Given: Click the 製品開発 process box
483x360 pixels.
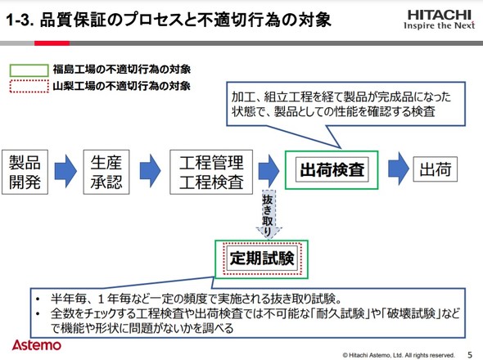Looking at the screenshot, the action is click(25, 172).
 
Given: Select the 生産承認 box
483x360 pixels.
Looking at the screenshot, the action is click(106, 172).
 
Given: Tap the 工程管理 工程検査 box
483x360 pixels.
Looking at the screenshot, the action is click(211, 172).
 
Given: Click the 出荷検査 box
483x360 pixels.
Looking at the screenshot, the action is click(332, 169).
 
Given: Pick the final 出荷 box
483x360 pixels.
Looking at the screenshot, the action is click(436, 169).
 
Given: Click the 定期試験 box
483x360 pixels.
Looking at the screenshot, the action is click(262, 259).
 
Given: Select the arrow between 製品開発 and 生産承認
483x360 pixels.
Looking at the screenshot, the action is click(65, 171).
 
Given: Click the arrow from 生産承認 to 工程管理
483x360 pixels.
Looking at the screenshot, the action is click(150, 171).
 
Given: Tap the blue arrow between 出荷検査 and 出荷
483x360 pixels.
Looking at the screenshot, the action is click(399, 169).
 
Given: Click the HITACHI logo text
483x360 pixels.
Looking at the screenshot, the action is click(440, 15).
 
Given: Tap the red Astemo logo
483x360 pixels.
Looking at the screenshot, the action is click(37, 345).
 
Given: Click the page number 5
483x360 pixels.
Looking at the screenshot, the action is click(470, 354).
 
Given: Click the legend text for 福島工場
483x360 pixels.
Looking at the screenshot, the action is click(122, 70).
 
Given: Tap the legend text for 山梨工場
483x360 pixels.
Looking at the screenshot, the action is click(122, 86).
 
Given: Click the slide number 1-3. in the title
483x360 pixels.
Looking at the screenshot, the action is click(20, 20).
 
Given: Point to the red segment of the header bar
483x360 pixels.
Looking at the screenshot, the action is click(52, 43).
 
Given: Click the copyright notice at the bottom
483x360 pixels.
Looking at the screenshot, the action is click(399, 355).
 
